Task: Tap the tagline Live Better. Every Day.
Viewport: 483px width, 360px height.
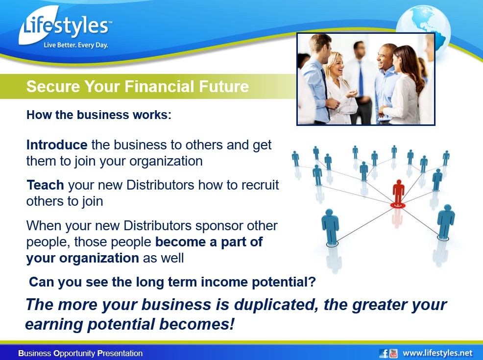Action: coord(76,45)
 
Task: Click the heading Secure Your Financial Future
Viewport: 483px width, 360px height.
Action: coord(137,86)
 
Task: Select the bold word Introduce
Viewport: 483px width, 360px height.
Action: coord(57,145)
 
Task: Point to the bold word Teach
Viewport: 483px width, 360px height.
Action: coord(45,185)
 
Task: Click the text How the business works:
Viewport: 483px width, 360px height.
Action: coord(99,115)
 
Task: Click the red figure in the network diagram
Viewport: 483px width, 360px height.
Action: coord(398,193)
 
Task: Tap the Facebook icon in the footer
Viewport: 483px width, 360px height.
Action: coord(384,353)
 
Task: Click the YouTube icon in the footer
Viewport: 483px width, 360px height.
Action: coord(393,353)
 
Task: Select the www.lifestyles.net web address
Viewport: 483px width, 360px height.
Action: coord(437,353)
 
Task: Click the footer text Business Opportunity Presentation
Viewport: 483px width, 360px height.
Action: coord(80,353)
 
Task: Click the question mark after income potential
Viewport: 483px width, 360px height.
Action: coord(312,282)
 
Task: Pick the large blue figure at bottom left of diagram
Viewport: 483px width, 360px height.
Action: coord(330,227)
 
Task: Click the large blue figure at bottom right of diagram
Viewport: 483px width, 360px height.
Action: coord(445,222)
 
